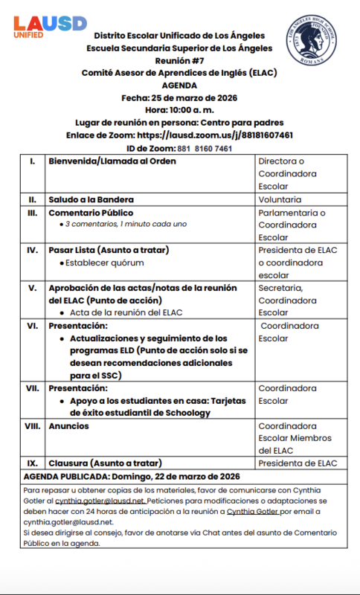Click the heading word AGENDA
click(x=179, y=85)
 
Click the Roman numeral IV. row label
click(x=32, y=250)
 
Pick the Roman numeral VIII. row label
click(x=32, y=426)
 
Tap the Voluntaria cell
click(x=280, y=199)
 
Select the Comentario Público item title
click(x=91, y=213)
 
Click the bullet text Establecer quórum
click(x=104, y=263)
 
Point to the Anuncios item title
click(x=68, y=426)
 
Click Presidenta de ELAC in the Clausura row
click(x=298, y=463)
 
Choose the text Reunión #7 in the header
click(x=179, y=60)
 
